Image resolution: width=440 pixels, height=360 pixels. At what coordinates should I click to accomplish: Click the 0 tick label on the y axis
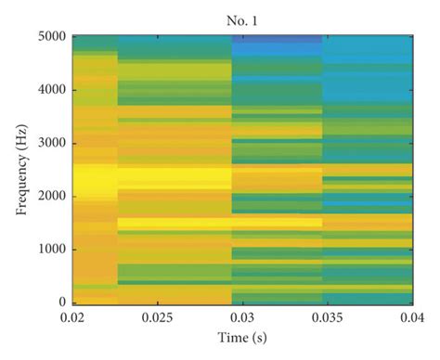coord(63,302)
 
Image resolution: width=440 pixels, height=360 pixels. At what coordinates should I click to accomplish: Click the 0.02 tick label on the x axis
coord(72,318)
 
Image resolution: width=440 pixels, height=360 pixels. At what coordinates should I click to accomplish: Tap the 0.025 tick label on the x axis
coord(157,318)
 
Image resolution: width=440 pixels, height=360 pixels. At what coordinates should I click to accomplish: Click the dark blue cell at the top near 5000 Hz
coord(277,40)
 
